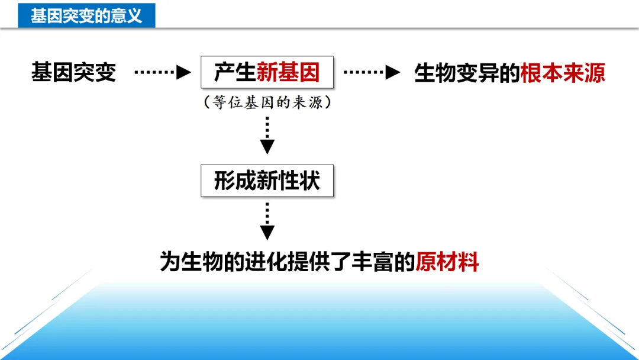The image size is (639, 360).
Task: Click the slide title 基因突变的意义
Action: coord(86,15)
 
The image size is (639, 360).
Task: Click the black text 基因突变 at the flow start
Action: coord(73,73)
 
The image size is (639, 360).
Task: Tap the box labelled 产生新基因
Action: coord(266,72)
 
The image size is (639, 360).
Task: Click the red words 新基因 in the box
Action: coord(288,72)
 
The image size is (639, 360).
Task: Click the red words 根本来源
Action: coord(563,73)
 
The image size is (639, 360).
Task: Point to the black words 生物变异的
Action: coord(467,73)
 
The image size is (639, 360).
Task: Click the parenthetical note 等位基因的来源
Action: coord(267,102)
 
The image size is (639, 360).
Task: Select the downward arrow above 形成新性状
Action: coord(267,136)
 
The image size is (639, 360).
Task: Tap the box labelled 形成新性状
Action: coord(266,181)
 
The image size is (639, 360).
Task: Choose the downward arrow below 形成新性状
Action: coord(267,221)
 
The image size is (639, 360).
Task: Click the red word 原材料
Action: coord(447,261)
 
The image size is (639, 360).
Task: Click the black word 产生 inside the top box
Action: coord(235,72)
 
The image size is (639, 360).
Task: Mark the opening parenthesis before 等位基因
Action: coord(206,102)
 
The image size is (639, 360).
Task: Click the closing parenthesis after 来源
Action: coord(328,102)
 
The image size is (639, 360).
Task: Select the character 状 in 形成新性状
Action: coord(309,181)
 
